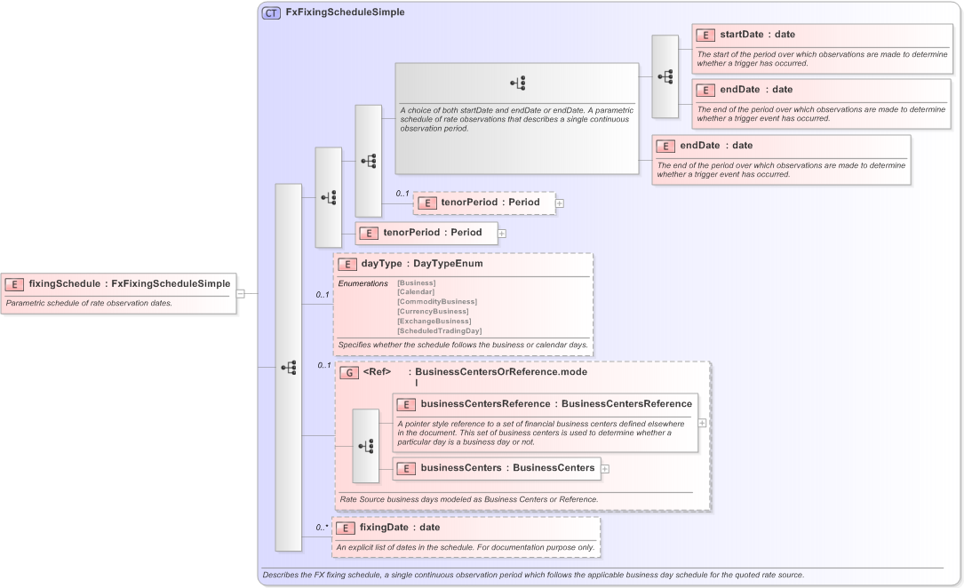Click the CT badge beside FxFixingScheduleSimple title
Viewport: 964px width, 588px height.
271,13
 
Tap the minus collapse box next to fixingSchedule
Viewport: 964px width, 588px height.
241,293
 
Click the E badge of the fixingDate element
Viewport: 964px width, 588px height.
346,528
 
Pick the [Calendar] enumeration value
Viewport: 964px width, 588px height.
416,291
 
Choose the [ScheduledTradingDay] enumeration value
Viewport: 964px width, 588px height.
439,330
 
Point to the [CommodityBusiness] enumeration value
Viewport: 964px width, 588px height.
436,301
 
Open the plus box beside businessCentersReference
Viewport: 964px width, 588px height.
703,423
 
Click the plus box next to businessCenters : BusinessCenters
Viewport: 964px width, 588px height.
605,468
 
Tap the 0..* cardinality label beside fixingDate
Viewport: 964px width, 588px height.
322,528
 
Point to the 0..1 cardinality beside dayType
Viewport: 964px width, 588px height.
323,294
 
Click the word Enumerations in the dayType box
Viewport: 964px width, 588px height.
362,283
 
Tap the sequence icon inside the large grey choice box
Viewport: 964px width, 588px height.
518,83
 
